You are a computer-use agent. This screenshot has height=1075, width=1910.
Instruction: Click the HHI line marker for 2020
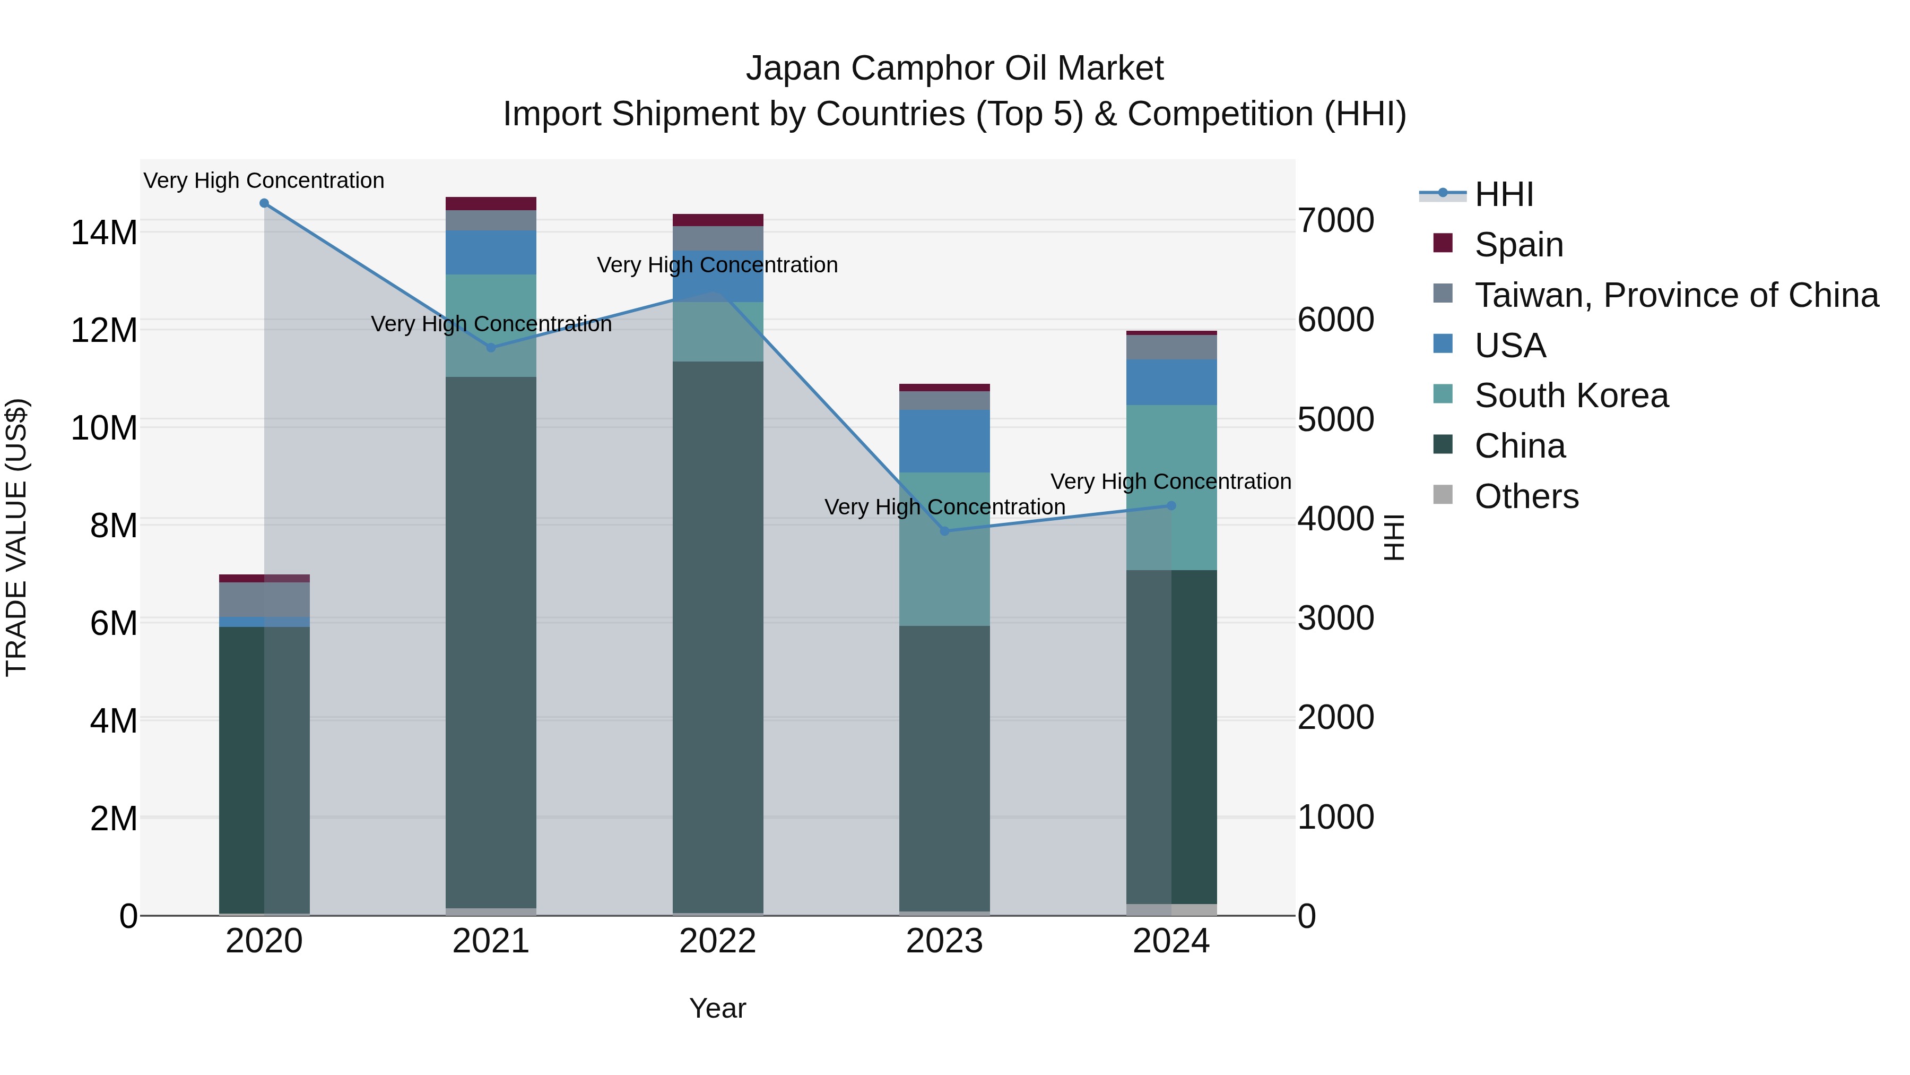(264, 203)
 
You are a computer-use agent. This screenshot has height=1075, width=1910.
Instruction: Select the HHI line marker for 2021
(491, 347)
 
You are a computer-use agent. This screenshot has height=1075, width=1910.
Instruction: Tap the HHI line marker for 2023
(944, 531)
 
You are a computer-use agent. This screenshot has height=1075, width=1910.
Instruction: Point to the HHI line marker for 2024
(1171, 506)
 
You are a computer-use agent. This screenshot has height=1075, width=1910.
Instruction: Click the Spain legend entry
(1518, 245)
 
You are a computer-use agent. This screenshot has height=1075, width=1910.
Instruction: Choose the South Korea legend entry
(1570, 395)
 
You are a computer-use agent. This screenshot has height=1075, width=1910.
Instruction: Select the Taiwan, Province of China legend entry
(1675, 295)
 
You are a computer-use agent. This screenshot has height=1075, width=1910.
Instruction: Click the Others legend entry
(1526, 496)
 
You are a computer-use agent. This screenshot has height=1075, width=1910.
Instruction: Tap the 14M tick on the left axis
(104, 233)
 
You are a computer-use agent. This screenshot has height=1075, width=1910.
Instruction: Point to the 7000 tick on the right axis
(1335, 220)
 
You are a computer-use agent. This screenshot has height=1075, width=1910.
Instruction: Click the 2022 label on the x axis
(717, 941)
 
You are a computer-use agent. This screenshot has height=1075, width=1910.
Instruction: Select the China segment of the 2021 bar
(491, 642)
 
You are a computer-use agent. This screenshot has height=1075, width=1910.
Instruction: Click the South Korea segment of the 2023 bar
(944, 549)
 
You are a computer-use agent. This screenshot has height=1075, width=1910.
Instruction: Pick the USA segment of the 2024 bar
(1171, 382)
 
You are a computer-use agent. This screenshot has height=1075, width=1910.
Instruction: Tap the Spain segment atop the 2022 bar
(717, 220)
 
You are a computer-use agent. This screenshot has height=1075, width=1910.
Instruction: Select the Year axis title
(717, 1008)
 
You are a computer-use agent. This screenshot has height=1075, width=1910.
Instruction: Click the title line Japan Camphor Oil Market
(954, 68)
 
